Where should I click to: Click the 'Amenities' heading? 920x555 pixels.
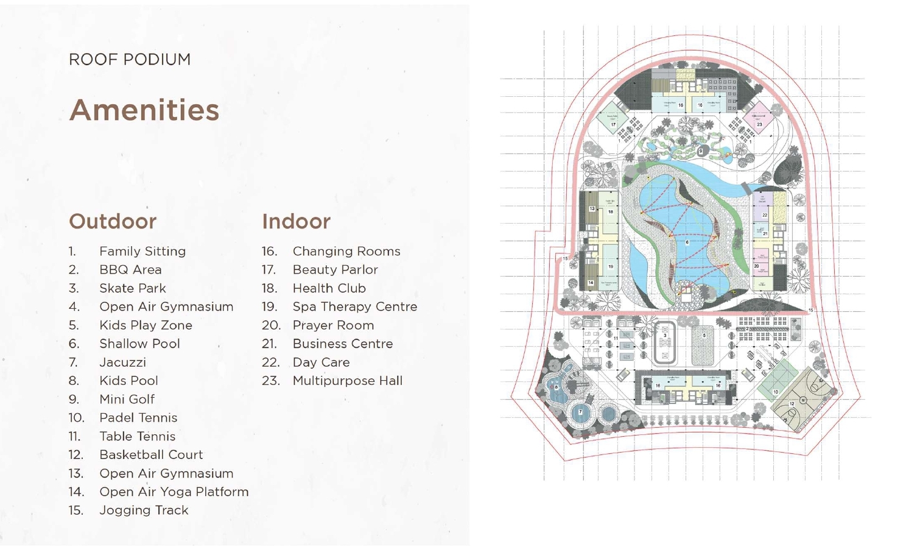(144, 110)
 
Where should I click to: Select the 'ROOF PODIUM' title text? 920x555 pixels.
(130, 60)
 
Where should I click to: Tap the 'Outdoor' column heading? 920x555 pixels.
(113, 221)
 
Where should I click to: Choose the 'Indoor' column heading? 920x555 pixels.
(296, 221)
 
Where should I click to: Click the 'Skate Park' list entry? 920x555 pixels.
(132, 288)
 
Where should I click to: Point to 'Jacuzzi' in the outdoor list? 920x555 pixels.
(122, 362)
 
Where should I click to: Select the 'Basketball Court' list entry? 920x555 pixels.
(151, 455)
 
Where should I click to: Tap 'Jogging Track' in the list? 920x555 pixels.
(144, 511)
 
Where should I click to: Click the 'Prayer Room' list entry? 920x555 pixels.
(333, 325)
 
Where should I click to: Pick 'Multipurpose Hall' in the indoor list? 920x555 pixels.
(347, 381)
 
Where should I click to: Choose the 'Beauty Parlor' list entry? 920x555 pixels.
(335, 270)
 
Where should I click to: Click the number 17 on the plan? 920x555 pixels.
(613, 125)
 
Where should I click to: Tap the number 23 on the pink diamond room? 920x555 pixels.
(759, 124)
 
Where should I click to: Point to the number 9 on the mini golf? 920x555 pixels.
(701, 151)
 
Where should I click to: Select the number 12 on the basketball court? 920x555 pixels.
(792, 404)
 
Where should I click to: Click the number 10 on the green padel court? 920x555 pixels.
(775, 392)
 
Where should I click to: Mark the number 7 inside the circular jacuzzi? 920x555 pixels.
(580, 412)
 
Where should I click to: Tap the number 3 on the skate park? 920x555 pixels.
(665, 336)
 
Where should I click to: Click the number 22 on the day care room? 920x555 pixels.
(765, 215)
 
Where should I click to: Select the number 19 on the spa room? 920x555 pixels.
(611, 266)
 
